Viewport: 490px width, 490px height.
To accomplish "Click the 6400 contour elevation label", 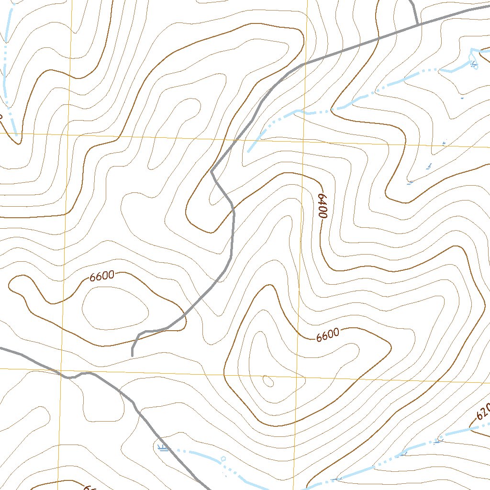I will click(323, 206).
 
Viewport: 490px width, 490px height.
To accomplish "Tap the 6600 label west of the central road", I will click(101, 276).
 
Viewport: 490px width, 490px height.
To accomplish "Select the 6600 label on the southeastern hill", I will click(328, 335).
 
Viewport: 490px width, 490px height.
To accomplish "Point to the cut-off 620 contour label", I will click(482, 411).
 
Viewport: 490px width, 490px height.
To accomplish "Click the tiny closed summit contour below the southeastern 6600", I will click(268, 381).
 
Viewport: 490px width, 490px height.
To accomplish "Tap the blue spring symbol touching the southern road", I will click(163, 447).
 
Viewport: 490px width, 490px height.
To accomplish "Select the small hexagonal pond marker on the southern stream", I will click(223, 458).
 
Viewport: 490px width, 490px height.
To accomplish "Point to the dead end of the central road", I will click(132, 355).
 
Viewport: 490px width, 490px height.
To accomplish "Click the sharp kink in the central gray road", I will click(212, 171).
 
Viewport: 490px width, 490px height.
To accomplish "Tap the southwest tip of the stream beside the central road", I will click(249, 151).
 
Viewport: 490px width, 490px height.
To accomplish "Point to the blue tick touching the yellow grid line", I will click(444, 143).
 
